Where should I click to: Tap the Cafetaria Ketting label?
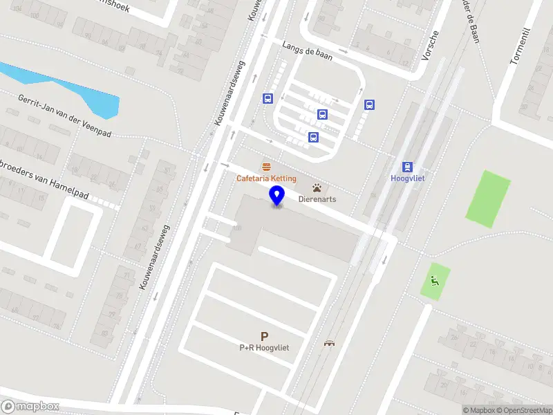[266, 178]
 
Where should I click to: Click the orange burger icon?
[266, 167]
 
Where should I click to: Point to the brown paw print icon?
[317, 187]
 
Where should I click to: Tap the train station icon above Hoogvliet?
[408, 166]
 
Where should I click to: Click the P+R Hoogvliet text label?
[264, 348]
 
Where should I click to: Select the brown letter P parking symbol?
[264, 336]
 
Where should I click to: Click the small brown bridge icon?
[329, 343]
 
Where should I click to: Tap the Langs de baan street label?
[307, 50]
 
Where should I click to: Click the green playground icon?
[435, 280]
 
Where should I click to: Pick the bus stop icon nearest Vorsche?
[370, 105]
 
